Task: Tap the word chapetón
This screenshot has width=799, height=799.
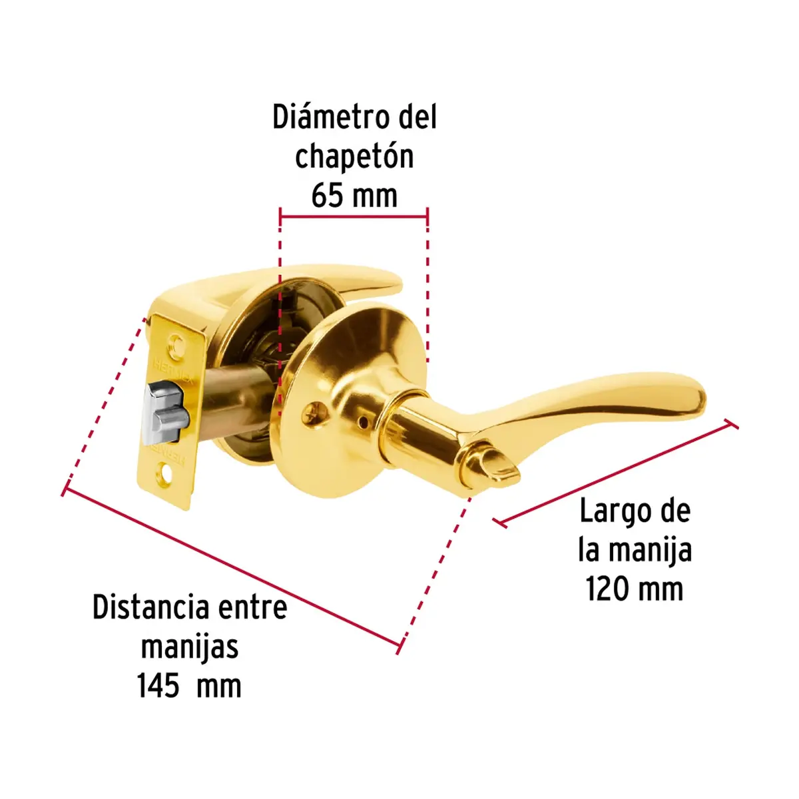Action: coord(354,157)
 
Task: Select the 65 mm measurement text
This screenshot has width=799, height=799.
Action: coord(354,196)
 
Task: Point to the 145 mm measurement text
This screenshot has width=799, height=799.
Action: coord(189,686)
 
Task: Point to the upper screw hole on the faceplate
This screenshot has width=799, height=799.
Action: coord(178,344)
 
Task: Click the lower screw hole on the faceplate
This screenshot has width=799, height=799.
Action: coord(166,477)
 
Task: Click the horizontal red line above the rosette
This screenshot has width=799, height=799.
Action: coord(354,217)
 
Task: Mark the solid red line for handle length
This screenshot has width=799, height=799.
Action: coord(615,473)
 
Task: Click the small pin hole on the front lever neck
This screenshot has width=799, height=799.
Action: coord(364,423)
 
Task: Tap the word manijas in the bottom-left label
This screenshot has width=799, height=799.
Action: coord(190,647)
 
